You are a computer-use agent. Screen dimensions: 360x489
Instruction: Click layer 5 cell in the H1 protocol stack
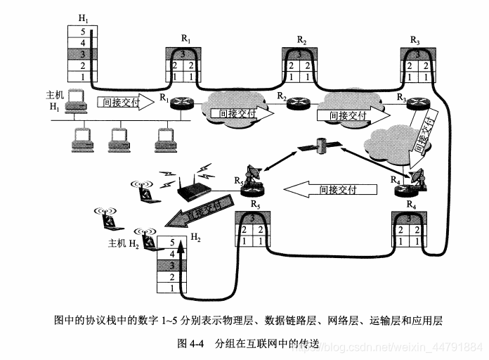point(83,32)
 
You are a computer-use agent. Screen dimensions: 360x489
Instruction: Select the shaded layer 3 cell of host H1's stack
point(83,54)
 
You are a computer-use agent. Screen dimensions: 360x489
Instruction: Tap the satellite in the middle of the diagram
point(320,146)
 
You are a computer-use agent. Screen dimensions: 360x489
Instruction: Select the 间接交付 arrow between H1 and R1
point(122,103)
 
